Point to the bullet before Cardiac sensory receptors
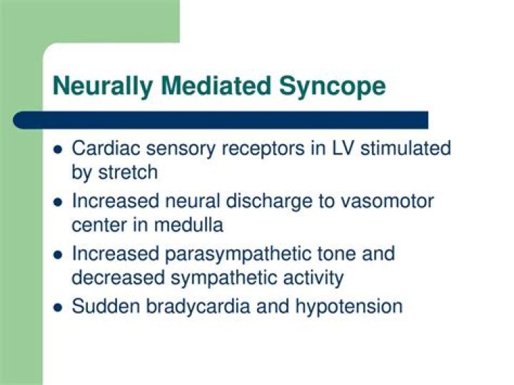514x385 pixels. pyautogui.click(x=59, y=150)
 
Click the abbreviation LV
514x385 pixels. pyautogui.click(x=348, y=149)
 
